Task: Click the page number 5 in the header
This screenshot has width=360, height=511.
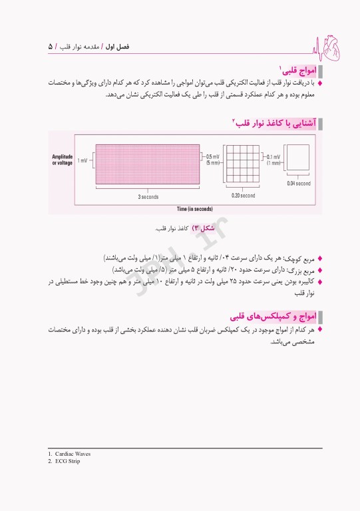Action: (x=51, y=47)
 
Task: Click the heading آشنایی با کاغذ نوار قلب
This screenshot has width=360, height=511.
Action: (x=273, y=122)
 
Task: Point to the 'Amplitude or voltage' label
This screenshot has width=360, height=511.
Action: (x=63, y=160)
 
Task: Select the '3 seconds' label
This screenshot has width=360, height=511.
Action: (x=148, y=196)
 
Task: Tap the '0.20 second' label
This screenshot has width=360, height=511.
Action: (x=243, y=196)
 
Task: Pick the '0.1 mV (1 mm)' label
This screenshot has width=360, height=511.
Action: (x=273, y=160)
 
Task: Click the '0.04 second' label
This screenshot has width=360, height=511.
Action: (x=299, y=184)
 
